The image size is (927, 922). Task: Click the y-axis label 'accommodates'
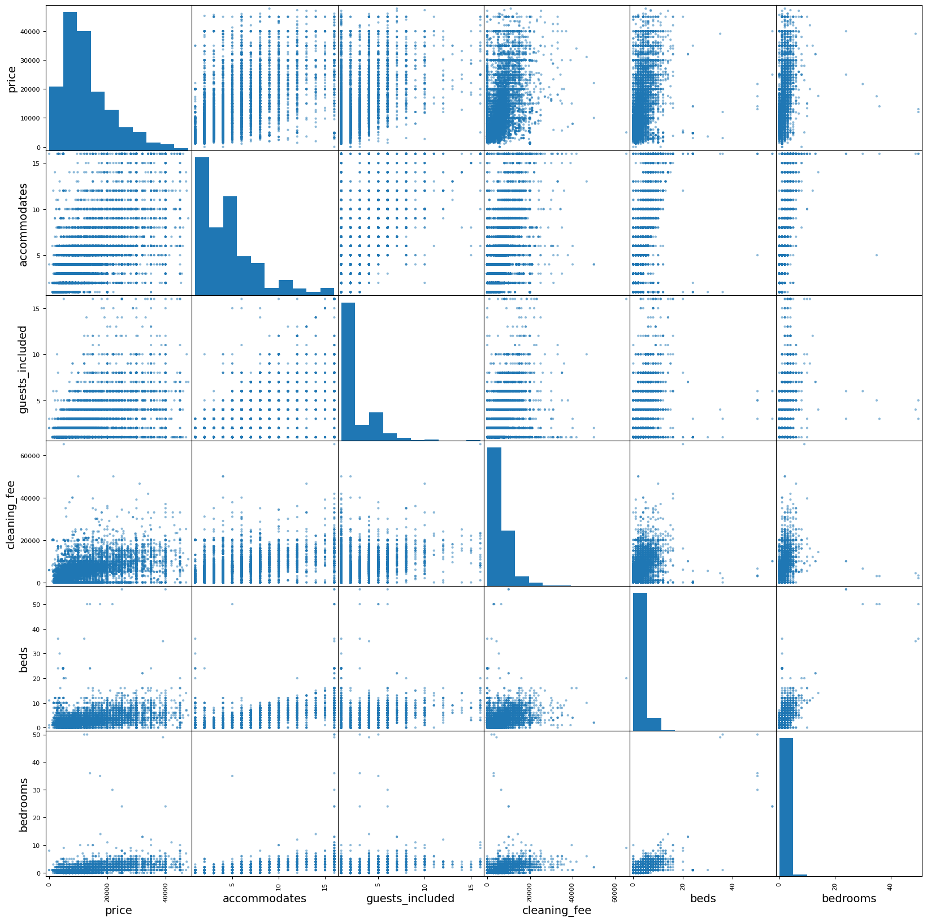[x=23, y=224]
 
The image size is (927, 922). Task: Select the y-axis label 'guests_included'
[x=23, y=369]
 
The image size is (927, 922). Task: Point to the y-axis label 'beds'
[x=23, y=660]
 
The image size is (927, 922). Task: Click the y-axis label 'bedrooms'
[x=23, y=804]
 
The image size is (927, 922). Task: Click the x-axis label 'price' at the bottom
[x=119, y=910]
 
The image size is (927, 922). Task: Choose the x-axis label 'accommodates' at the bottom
[x=265, y=898]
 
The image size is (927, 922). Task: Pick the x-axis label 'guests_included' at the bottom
[x=410, y=898]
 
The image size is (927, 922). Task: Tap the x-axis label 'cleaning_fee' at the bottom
[x=557, y=910]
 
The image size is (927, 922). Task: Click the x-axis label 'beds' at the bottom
[x=703, y=898]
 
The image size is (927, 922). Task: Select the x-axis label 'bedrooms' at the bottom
[x=848, y=898]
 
